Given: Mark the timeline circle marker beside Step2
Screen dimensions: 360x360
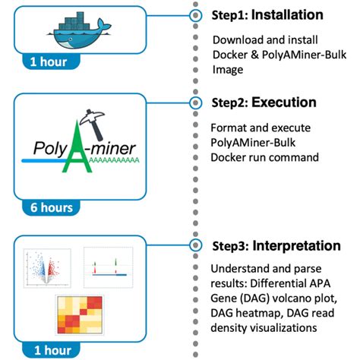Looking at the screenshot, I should point(196,102).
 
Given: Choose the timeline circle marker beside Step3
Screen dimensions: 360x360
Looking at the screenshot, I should point(196,245).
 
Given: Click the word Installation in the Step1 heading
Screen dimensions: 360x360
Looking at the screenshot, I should point(287,15).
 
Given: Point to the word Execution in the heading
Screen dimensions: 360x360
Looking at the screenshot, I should point(283,102).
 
